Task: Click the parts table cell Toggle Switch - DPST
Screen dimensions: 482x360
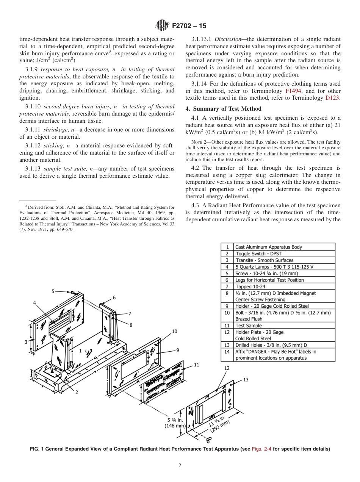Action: (x=258, y=254)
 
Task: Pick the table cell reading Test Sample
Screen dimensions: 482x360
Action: (x=249, y=326)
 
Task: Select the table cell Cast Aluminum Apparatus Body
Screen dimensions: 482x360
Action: (x=269, y=247)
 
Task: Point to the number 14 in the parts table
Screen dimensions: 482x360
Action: (x=227, y=351)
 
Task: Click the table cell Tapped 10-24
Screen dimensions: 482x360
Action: (x=251, y=286)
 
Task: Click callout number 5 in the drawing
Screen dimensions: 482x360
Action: (x=53, y=291)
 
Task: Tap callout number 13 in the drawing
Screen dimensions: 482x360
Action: (x=246, y=379)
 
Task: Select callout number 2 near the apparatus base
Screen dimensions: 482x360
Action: (x=77, y=392)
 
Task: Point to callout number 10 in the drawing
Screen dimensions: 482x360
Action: (x=174, y=331)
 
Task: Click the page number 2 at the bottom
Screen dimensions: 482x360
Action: (x=180, y=466)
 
